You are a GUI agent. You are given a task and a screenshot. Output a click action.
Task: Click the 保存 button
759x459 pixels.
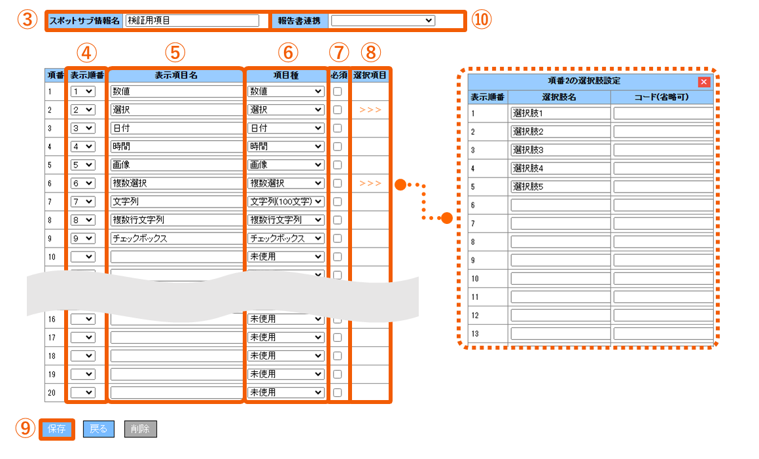(57, 429)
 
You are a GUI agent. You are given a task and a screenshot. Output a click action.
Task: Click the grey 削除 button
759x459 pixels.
(141, 429)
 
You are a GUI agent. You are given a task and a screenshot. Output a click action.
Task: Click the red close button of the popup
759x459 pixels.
(704, 82)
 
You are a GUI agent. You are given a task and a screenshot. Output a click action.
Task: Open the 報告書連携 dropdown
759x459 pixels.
(382, 20)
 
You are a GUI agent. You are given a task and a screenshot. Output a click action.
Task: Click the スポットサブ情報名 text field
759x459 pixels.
(192, 20)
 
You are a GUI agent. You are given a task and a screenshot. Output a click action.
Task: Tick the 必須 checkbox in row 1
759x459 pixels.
(338, 92)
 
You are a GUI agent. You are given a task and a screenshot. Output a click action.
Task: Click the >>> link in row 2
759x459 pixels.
(370, 110)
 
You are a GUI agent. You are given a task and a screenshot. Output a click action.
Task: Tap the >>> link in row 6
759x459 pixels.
(370, 183)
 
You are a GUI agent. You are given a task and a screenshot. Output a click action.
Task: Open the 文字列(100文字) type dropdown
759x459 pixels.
(285, 202)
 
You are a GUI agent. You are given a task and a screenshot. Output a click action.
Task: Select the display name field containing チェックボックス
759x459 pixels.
(176, 238)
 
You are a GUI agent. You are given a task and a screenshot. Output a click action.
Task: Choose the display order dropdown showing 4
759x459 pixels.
(83, 146)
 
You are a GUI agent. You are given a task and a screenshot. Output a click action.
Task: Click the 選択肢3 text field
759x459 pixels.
(560, 150)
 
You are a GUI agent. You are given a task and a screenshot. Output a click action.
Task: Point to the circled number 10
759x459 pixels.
(481, 20)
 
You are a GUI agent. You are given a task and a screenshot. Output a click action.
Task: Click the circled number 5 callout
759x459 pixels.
(175, 53)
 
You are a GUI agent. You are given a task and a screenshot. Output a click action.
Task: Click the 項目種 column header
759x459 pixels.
(286, 75)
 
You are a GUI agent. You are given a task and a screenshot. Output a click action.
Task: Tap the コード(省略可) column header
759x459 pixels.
(662, 98)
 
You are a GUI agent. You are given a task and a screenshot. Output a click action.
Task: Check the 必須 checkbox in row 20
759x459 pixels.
(338, 393)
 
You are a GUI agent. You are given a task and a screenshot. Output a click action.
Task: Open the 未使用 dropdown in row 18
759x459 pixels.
(285, 356)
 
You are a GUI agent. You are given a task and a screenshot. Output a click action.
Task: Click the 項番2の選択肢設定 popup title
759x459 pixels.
(584, 81)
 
